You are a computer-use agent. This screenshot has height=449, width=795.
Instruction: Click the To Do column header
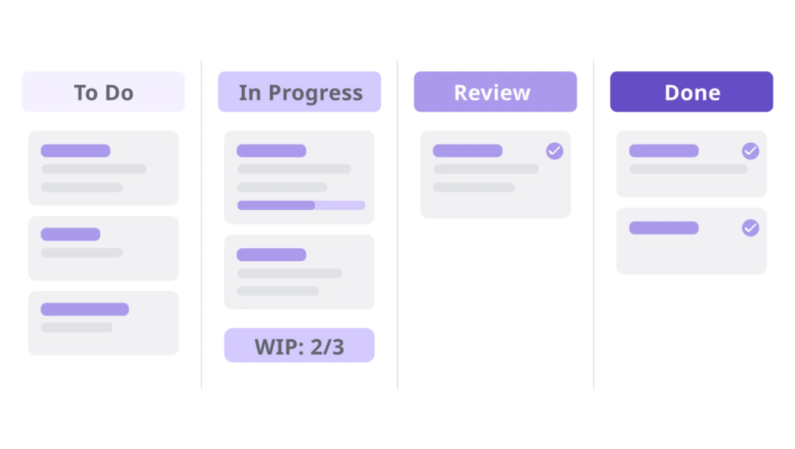click(103, 92)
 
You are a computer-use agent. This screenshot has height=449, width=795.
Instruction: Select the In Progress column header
click(299, 92)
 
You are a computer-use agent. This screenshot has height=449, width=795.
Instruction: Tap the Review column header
click(495, 92)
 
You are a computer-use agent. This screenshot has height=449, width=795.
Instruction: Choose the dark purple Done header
click(692, 92)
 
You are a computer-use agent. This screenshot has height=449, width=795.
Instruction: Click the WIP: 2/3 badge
click(299, 346)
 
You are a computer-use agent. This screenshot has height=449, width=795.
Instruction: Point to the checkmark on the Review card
click(554, 151)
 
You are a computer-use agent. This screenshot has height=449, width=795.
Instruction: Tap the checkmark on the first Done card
click(750, 151)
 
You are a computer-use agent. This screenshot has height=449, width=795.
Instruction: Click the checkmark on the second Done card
click(750, 228)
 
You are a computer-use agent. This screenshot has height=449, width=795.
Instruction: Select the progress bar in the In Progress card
click(301, 205)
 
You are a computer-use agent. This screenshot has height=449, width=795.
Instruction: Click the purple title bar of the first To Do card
click(76, 150)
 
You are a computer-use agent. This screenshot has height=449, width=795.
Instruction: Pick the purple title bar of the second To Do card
click(71, 234)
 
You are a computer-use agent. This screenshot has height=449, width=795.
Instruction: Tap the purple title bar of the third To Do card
click(85, 309)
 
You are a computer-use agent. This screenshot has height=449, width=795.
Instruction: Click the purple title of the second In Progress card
click(272, 255)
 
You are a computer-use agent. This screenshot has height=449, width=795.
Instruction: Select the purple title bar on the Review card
click(467, 150)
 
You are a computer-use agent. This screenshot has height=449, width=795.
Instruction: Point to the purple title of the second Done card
click(664, 228)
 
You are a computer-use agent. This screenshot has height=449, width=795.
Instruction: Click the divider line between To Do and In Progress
click(202, 225)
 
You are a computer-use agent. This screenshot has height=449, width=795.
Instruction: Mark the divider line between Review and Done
click(593, 225)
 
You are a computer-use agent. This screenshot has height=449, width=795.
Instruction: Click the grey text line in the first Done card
click(688, 169)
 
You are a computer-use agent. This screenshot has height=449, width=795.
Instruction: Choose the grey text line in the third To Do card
click(77, 327)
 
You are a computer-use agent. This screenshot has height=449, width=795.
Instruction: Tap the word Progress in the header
click(316, 94)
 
